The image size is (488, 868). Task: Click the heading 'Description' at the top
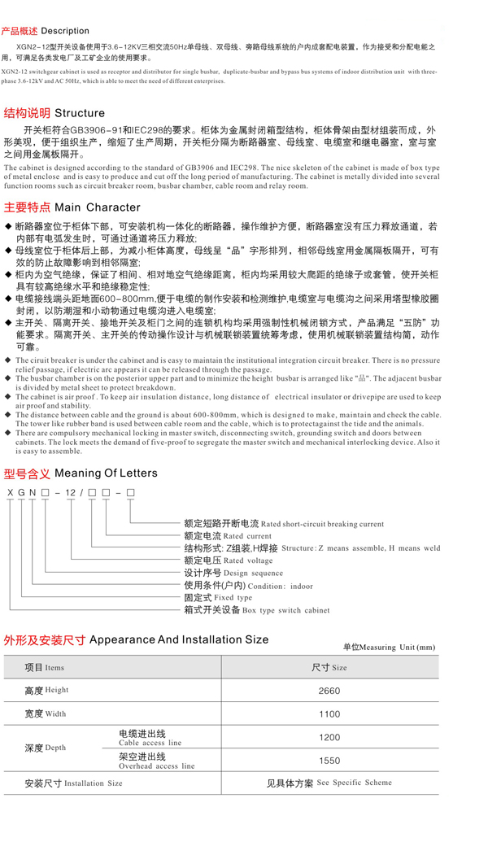[x=65, y=31]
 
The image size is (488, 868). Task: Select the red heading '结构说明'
[x=26, y=113]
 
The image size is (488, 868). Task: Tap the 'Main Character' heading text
[x=97, y=207]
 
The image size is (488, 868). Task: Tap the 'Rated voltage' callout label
[x=249, y=561]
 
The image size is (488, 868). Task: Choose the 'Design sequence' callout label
[x=254, y=574]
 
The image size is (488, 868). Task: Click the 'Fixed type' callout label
[x=233, y=598]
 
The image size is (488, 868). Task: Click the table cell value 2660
[x=329, y=691]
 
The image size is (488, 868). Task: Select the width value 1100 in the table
[x=329, y=714]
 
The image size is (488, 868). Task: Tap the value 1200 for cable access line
[x=329, y=738]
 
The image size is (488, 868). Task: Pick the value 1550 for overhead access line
[x=329, y=761]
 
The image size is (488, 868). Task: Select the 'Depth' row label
[x=46, y=748]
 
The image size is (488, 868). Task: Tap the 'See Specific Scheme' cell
[x=354, y=783]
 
